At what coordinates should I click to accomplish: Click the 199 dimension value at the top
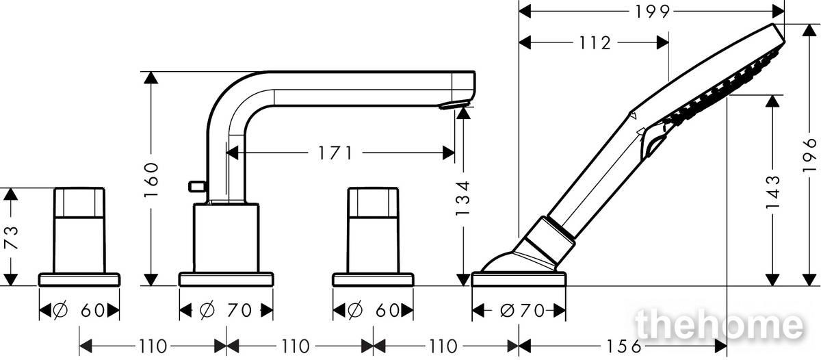point(653,12)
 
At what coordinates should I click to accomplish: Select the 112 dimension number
point(595,43)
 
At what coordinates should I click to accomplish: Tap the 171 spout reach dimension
point(335,153)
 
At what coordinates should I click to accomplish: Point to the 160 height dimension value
point(151,179)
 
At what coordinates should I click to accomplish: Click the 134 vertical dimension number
point(462,198)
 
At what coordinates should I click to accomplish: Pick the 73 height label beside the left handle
point(11,237)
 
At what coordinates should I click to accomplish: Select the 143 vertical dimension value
point(772,192)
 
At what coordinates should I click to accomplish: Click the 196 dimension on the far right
point(809,155)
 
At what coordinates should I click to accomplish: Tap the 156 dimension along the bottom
point(624,346)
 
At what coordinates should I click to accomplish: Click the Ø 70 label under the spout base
point(226,311)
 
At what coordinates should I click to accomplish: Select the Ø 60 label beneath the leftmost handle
point(79,311)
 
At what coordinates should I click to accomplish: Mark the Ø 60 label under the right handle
point(374,311)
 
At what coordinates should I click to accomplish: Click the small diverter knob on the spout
point(196,186)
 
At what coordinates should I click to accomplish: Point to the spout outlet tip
point(454,105)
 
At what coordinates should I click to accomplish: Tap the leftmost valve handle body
point(79,230)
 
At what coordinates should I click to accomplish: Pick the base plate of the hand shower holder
point(519,279)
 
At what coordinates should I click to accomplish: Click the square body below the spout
point(226,238)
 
